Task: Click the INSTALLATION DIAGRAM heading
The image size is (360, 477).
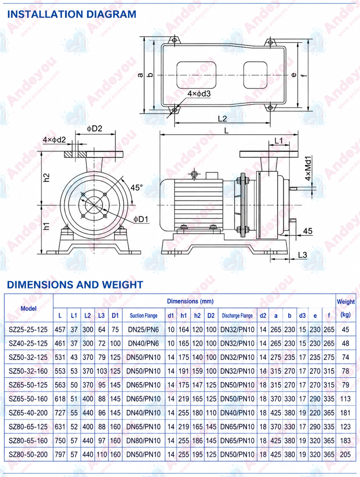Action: click(72, 14)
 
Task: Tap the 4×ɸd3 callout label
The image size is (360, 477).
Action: click(199, 94)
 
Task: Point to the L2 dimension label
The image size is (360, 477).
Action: click(222, 119)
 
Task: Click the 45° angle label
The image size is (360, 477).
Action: click(136, 187)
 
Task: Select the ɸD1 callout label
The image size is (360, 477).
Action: click(141, 219)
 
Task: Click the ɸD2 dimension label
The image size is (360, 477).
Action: click(95, 129)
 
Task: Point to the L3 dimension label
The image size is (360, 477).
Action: click(302, 255)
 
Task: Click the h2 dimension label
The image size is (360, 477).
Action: click(46, 178)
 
